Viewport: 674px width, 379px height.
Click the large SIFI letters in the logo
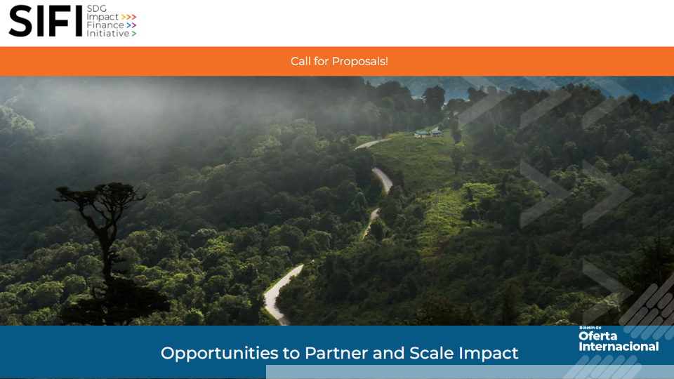coord(46,20)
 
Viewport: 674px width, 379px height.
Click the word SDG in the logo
coord(96,8)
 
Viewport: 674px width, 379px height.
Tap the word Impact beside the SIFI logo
coord(103,17)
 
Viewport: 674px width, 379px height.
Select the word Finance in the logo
coord(105,25)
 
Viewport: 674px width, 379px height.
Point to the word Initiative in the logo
coord(108,33)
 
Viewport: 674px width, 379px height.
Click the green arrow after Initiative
coord(134,34)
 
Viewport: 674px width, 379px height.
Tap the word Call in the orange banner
coord(300,62)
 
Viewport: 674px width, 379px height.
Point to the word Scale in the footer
coord(431,353)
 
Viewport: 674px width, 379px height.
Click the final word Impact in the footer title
coord(488,353)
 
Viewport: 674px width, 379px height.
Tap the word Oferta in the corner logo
coord(597,336)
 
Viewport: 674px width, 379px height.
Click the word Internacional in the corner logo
coord(619,346)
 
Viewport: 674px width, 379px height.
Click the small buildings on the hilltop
coord(428,133)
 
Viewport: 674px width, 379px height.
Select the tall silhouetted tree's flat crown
coord(100,194)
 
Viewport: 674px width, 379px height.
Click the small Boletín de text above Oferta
coord(590,328)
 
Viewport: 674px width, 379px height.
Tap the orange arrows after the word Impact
coord(128,17)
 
